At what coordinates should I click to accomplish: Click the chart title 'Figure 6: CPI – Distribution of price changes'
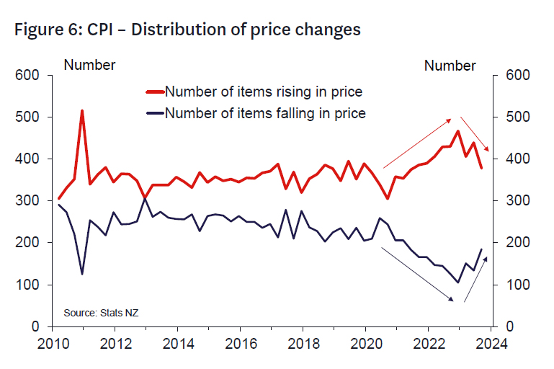pyautogui.click(x=187, y=30)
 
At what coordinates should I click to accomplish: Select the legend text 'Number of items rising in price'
pyautogui.click(x=263, y=92)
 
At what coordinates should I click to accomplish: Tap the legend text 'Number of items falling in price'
pyautogui.click(x=265, y=113)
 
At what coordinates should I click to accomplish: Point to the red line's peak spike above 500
pyautogui.click(x=82, y=111)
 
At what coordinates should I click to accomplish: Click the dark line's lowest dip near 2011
pyautogui.click(x=82, y=274)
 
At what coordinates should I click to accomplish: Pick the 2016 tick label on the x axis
pyautogui.click(x=239, y=344)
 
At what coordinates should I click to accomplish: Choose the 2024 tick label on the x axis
pyautogui.click(x=491, y=344)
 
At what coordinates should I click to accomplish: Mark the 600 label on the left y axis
pyautogui.click(x=30, y=75)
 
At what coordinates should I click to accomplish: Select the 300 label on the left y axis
pyautogui.click(x=30, y=201)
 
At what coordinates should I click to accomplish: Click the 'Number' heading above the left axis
pyautogui.click(x=90, y=66)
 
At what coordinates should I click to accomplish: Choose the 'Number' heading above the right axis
pyautogui.click(x=450, y=66)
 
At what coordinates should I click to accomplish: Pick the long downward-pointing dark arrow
pyautogui.click(x=417, y=274)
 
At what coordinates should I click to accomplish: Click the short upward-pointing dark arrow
pyautogui.click(x=475, y=279)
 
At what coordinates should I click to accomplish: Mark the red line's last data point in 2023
pyautogui.click(x=481, y=167)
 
